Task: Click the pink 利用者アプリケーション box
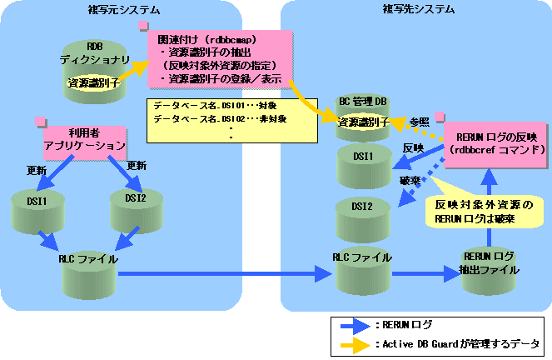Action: pos(84,140)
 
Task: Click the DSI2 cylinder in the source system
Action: pos(135,210)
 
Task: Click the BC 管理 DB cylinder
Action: pos(363,117)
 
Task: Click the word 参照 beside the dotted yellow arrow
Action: pos(419,122)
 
